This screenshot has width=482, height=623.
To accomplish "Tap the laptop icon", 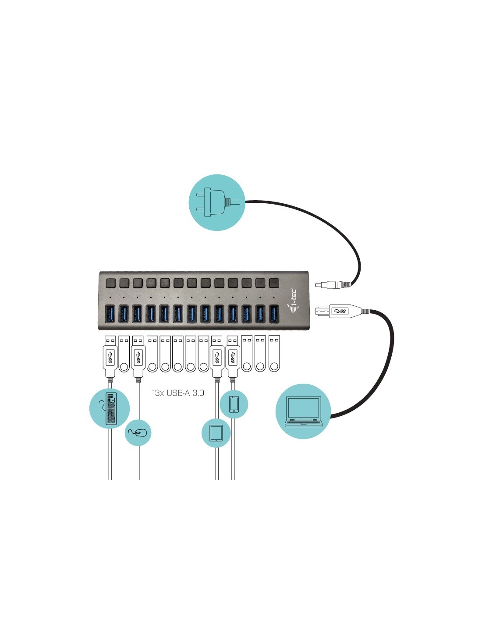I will tap(303, 412).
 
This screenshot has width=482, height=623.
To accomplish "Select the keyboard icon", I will tap(110, 409).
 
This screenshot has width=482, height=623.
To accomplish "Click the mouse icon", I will tap(138, 433).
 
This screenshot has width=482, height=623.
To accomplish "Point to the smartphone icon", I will tap(234, 404).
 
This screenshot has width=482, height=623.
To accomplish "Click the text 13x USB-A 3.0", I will tap(178, 393).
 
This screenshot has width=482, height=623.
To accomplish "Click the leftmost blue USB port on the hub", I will tap(110, 314).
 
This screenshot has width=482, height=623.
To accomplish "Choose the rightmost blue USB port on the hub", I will tap(274, 314).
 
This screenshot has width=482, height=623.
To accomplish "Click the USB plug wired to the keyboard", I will tap(110, 355).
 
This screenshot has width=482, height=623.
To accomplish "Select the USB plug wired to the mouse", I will tap(138, 355).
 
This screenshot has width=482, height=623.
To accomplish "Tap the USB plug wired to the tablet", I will tap(216, 355).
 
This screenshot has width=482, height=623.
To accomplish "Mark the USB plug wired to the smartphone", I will tap(233, 355).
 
